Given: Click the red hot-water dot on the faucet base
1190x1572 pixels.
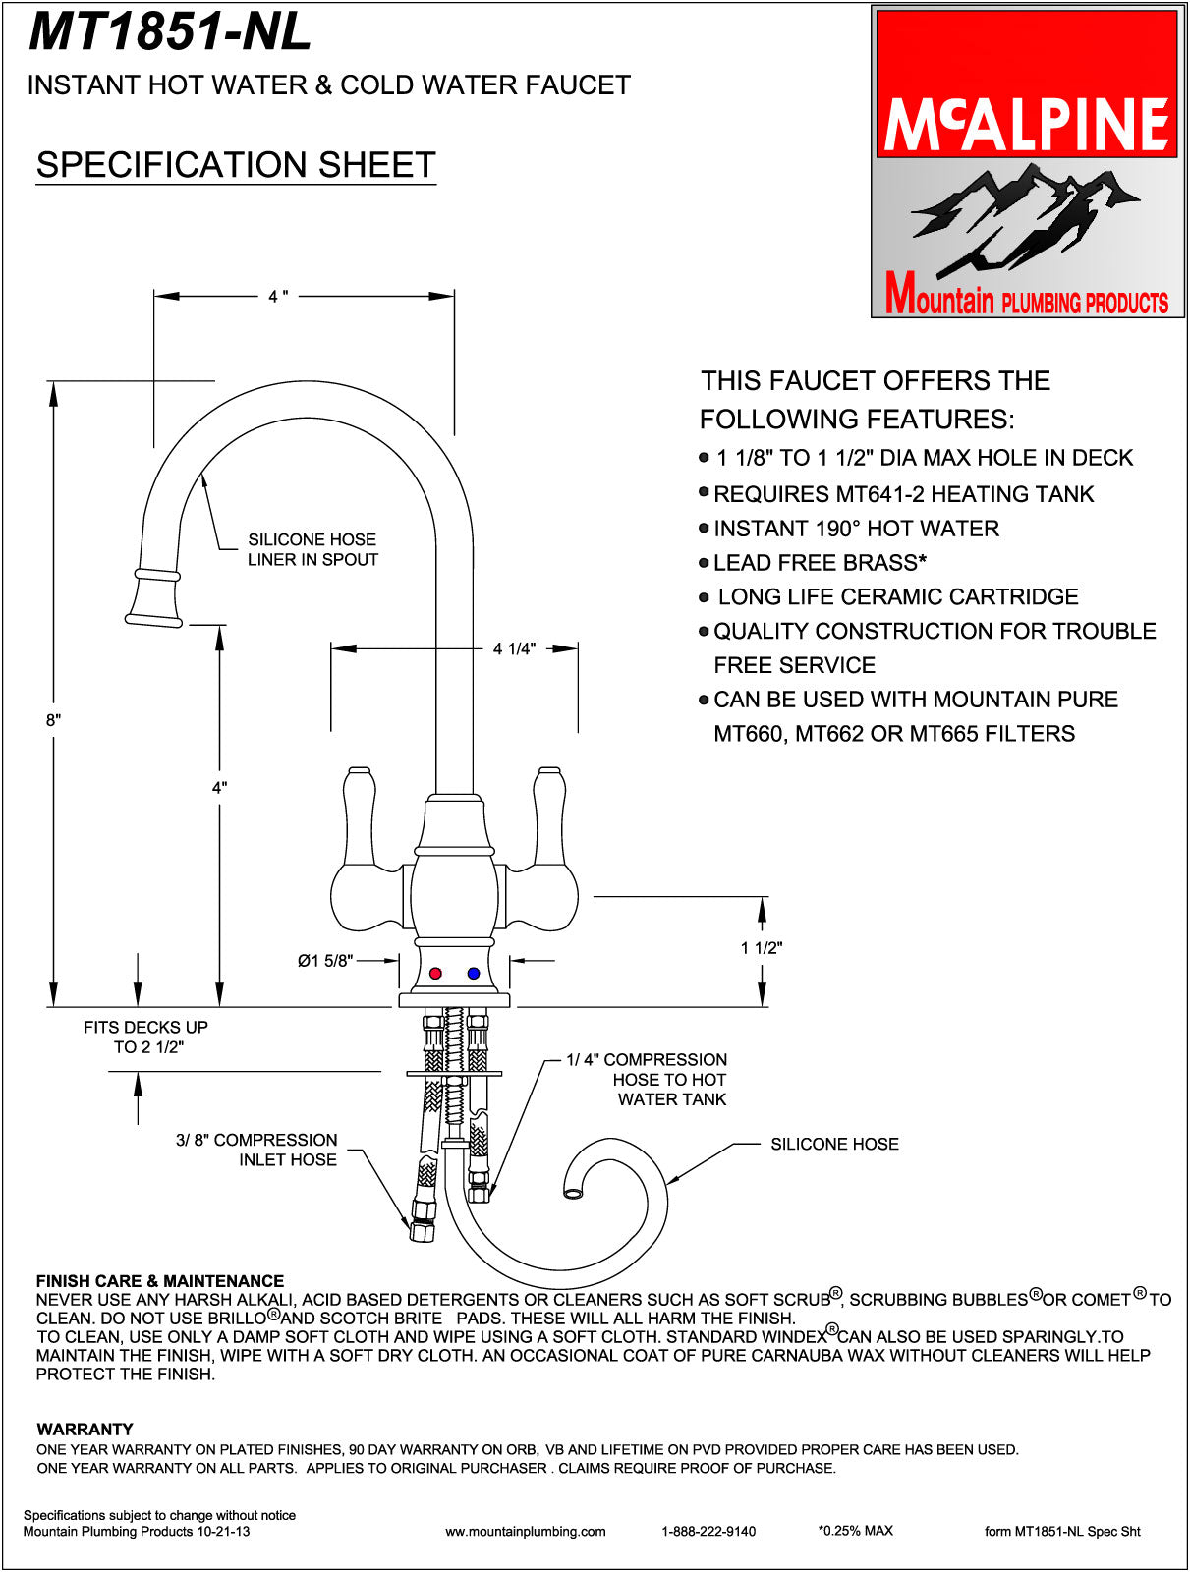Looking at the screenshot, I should (435, 973).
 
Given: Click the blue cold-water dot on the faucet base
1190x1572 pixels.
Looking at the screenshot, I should (474, 973).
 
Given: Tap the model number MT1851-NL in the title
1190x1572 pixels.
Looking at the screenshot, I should (170, 31).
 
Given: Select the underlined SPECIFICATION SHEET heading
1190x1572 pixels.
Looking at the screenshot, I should (236, 165).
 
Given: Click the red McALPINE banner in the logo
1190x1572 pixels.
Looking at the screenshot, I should (1027, 84).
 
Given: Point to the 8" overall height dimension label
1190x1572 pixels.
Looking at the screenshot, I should (53, 720).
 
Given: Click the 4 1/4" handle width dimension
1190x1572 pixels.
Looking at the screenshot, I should (514, 648).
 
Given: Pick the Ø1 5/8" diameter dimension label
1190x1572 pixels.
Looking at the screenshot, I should (325, 961).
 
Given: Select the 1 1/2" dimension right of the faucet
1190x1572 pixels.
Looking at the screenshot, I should (762, 948).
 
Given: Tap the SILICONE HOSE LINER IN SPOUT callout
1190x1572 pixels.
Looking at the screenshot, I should (312, 550).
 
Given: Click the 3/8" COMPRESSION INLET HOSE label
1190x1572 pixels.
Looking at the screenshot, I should (256, 1150).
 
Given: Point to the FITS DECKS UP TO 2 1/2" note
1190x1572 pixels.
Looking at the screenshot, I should (146, 1037).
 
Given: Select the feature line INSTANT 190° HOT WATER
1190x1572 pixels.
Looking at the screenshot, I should (856, 529).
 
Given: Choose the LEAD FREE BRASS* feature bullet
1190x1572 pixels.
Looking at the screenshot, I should (820, 563).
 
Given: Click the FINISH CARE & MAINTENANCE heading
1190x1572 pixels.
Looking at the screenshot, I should (160, 1281).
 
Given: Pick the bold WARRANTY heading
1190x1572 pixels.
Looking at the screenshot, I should (85, 1429).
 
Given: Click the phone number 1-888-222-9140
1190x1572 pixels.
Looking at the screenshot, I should (708, 1531).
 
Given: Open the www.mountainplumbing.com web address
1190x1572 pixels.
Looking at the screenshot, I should (526, 1531).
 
